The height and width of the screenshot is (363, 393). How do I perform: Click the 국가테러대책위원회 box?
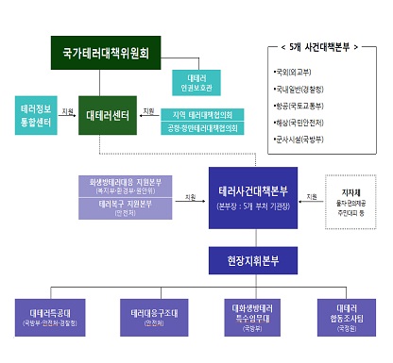point(111,52)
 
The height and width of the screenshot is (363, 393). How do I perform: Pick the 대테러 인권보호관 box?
point(196,81)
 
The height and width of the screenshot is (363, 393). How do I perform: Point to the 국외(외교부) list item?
point(297,71)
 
